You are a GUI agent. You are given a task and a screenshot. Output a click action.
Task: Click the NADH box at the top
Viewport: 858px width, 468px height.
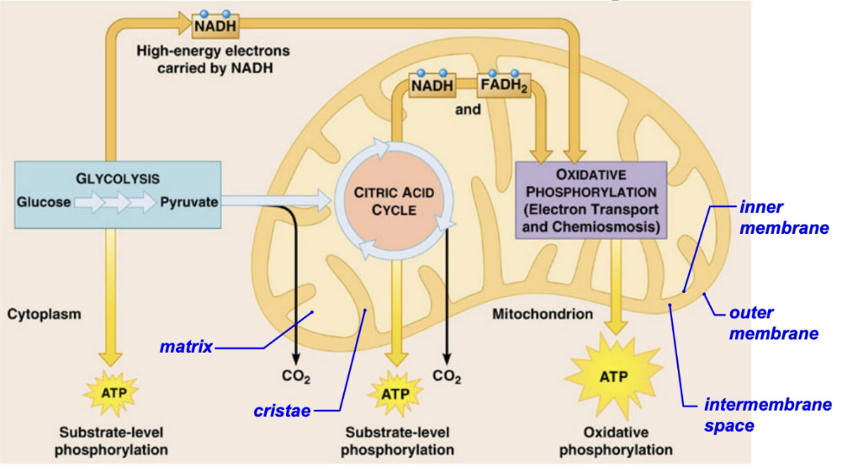(x=214, y=26)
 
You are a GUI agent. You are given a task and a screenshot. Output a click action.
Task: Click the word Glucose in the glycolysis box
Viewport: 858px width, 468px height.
(x=43, y=202)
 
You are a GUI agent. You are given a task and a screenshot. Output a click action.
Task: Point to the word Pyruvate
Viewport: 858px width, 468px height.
(x=189, y=202)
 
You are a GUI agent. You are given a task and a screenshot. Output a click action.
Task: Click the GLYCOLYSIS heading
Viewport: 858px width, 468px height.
(x=118, y=178)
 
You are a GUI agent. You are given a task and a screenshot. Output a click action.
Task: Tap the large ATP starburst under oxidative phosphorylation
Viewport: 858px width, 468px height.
(x=617, y=377)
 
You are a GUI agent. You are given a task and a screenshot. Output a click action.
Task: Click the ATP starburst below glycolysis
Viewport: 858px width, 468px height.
(x=110, y=392)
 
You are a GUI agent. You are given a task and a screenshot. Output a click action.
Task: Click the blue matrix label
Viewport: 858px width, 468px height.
(x=186, y=346)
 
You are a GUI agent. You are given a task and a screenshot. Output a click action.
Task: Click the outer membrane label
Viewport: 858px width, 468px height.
(x=772, y=323)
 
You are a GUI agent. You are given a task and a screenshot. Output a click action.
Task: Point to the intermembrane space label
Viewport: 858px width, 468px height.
(x=766, y=415)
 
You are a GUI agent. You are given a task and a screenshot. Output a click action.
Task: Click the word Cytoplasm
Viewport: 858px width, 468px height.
(x=44, y=314)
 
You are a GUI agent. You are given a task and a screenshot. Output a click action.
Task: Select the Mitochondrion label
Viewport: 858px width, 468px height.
(x=543, y=314)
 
